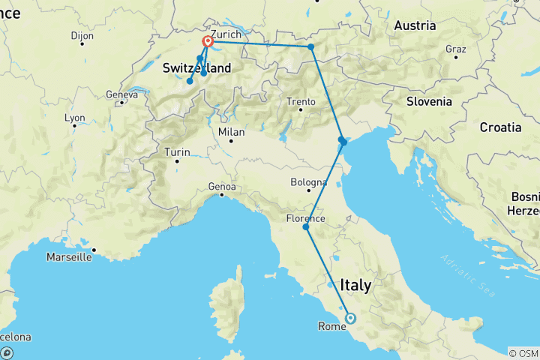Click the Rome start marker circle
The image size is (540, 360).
click(350, 318)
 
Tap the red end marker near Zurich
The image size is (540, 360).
click(208, 43)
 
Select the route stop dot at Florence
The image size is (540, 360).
click(305, 226)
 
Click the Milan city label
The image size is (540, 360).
click(231, 131)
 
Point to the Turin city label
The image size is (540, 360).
click(177, 151)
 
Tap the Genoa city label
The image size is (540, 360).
click(223, 186)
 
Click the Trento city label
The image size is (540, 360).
click(301, 101)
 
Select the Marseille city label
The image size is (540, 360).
click(68, 256)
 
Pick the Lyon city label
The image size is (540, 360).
click(75, 118)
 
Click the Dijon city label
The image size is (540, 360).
click(82, 35)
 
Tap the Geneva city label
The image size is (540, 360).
click(122, 94)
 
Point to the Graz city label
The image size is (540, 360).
click(456, 49)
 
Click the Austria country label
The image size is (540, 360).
click(415, 25)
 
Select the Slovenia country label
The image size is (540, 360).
click(429, 101)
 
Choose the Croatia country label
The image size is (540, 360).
click(500, 127)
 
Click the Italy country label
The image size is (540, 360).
click(355, 286)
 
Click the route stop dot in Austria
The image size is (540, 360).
click(310, 47)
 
